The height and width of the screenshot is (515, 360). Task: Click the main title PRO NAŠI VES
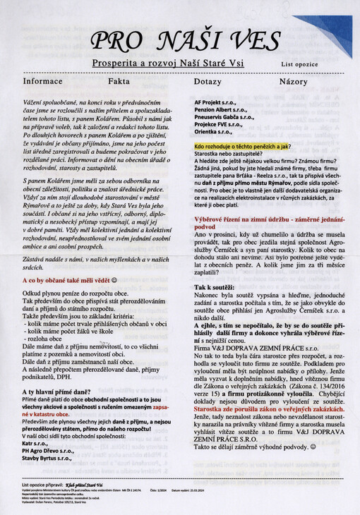click(x=176, y=42)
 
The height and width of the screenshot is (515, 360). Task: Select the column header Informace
click(x=43, y=81)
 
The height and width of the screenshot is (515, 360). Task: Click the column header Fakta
click(x=118, y=81)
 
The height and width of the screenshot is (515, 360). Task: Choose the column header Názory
click(x=293, y=81)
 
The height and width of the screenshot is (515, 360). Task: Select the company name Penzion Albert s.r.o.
click(x=220, y=110)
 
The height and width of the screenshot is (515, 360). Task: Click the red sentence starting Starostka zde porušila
click(x=269, y=408)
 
